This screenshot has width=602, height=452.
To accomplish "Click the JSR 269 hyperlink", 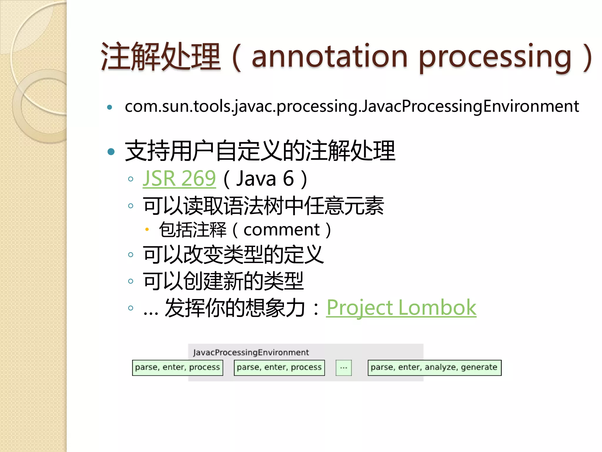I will tap(179, 178).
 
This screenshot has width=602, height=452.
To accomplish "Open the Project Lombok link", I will tap(401, 308).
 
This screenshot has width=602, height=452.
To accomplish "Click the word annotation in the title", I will tap(330, 56).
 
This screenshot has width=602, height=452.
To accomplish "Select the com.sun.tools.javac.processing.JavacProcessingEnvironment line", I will tap(352, 106).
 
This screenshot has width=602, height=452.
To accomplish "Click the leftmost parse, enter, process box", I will tap(178, 368).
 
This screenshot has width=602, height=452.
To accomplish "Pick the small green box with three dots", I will tap(344, 368).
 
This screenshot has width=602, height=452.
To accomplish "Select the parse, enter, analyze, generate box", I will tap(434, 368).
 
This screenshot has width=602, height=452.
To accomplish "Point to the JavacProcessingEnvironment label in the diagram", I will tap(251, 352).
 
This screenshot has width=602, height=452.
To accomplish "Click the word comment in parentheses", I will tap(281, 230).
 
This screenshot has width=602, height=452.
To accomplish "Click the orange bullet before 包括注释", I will tap(147, 230).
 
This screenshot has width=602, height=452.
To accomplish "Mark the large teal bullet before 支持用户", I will tap(111, 152).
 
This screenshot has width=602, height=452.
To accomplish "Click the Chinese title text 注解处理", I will tap(160, 56).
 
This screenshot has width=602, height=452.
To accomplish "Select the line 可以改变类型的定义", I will tap(233, 255).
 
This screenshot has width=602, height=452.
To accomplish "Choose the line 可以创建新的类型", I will tap(223, 281).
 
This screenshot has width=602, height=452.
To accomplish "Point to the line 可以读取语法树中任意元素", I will tap(263, 206).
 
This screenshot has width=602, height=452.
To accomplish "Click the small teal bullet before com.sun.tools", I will tap(110, 107).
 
